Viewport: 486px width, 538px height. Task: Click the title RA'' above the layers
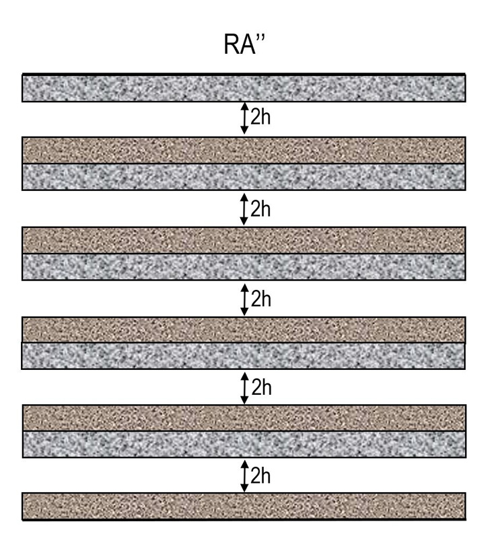click(x=244, y=44)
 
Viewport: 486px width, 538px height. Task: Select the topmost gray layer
click(x=244, y=88)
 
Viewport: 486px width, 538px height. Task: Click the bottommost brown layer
click(x=244, y=506)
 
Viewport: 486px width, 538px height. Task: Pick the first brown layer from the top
click(x=244, y=150)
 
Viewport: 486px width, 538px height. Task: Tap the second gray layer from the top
click(x=244, y=177)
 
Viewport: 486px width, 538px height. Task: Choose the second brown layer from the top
click(x=244, y=240)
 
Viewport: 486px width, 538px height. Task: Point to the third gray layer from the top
click(x=244, y=267)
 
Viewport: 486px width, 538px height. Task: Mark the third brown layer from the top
click(x=244, y=330)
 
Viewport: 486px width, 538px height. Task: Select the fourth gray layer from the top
click(x=244, y=356)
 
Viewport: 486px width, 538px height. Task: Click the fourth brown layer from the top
click(x=244, y=418)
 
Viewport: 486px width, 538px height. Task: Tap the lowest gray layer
click(x=244, y=445)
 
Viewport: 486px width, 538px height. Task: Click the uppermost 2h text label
click(x=261, y=117)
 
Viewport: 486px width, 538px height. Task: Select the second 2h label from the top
click(x=261, y=208)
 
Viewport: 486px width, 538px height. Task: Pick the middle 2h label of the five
click(x=261, y=299)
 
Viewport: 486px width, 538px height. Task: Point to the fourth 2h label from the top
click(x=261, y=387)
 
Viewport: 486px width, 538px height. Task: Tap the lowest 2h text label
click(x=261, y=476)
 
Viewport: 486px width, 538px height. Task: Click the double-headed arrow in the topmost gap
click(x=244, y=118)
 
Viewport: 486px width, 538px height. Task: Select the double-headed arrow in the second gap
click(x=244, y=209)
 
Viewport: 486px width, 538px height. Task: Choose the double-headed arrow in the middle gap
click(x=244, y=299)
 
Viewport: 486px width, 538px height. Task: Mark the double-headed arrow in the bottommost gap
click(x=244, y=476)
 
